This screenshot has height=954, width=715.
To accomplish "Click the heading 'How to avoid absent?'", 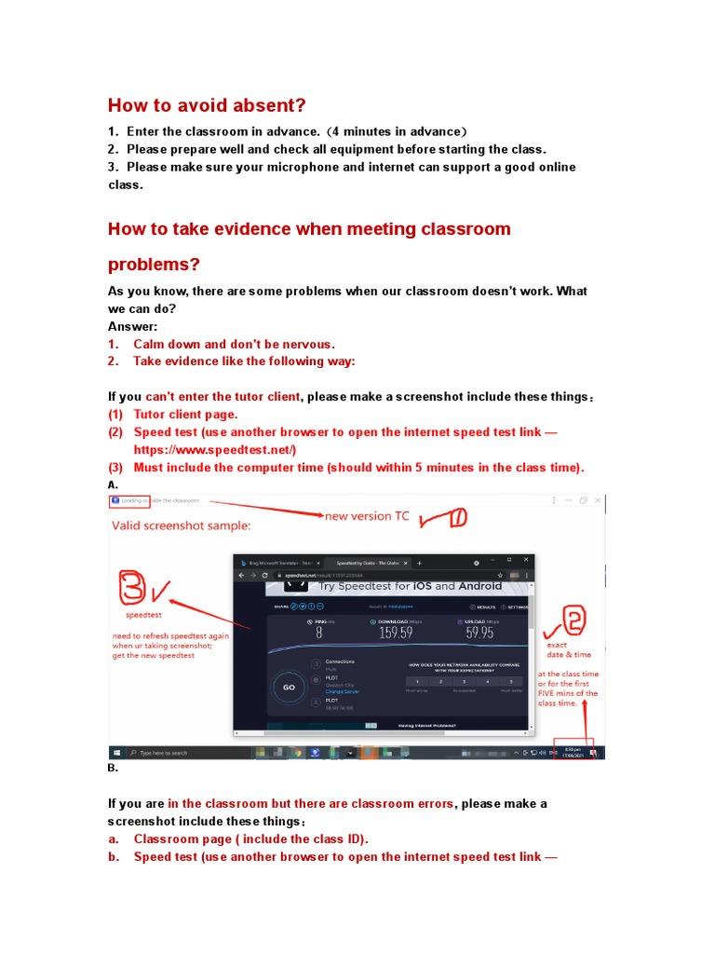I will pyautogui.click(x=207, y=104).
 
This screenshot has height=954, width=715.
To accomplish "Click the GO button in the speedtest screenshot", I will pyautogui.click(x=289, y=688).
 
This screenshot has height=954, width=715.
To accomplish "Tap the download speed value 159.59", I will pyautogui.click(x=395, y=634).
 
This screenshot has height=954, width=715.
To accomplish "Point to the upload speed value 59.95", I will pyautogui.click(x=480, y=634).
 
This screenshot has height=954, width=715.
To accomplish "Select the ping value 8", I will pyautogui.click(x=318, y=634).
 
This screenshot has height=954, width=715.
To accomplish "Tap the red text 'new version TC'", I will pyautogui.click(x=366, y=516).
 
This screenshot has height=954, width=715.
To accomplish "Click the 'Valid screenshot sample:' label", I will pyautogui.click(x=182, y=525).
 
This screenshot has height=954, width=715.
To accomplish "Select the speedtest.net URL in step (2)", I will pyautogui.click(x=214, y=450).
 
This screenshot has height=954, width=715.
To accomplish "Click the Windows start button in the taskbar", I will pyautogui.click(x=117, y=752).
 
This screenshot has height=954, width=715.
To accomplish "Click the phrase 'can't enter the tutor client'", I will pyautogui.click(x=223, y=397).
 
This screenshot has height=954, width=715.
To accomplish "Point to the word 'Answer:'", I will pyautogui.click(x=133, y=327).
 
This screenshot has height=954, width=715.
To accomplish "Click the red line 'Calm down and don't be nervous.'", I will pyautogui.click(x=234, y=344).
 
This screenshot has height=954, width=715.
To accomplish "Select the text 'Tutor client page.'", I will pyautogui.click(x=185, y=415).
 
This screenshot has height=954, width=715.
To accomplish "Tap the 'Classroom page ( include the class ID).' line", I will pyautogui.click(x=250, y=839).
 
